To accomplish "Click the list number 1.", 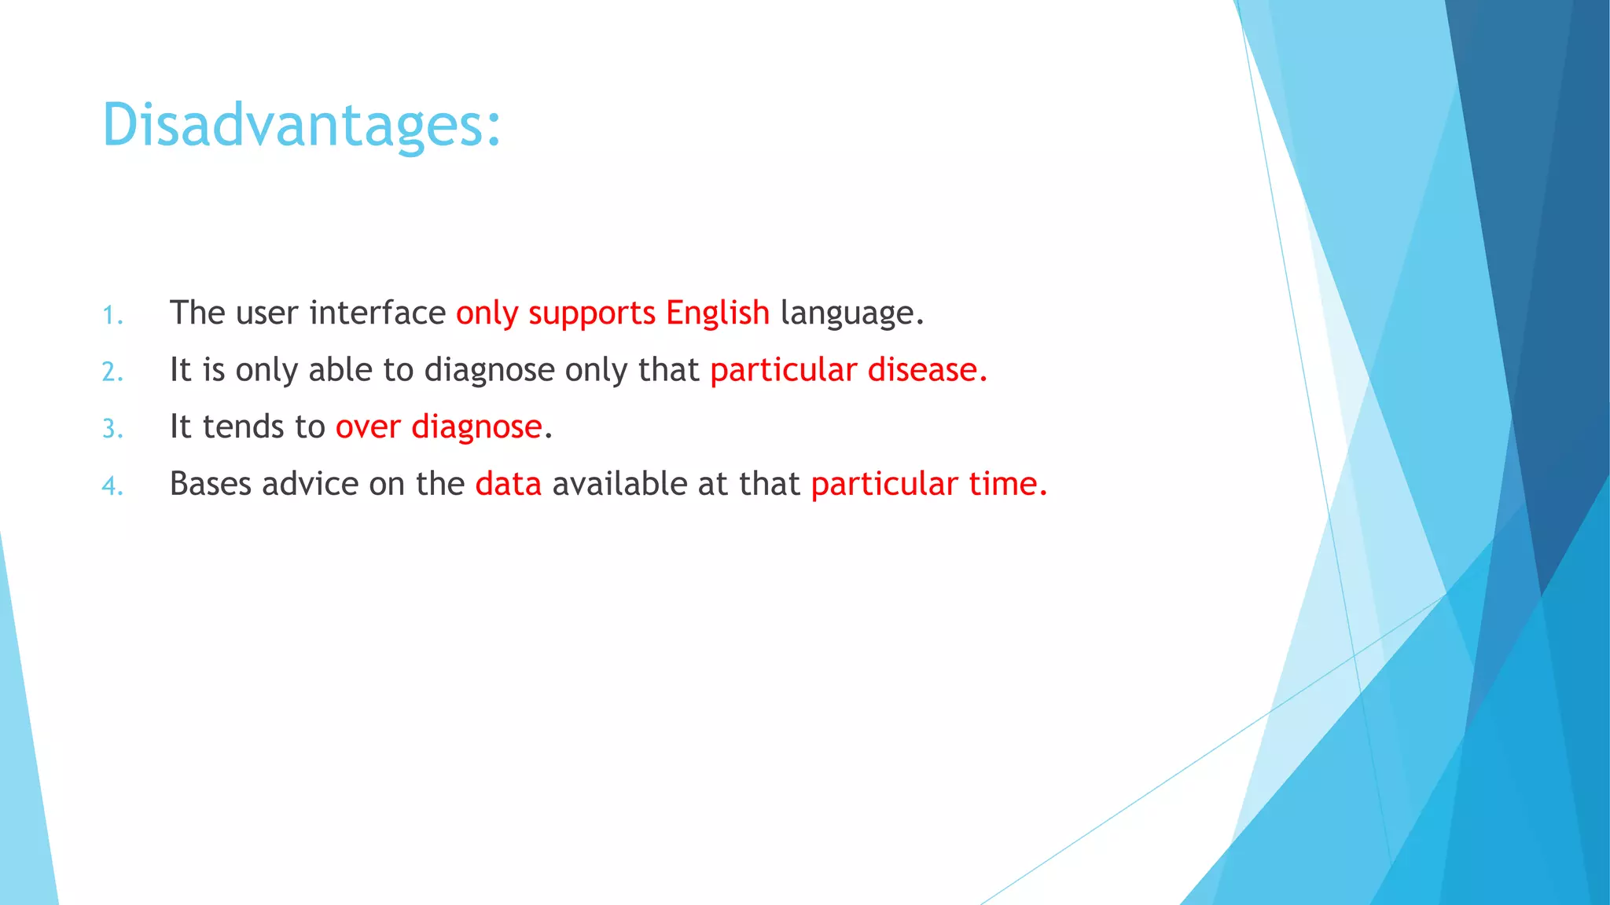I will (112, 316).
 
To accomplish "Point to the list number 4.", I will (112, 486).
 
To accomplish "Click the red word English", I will (717, 313).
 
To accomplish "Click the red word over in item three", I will (368, 427).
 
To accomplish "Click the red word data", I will (508, 484).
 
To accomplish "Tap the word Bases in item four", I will (210, 484).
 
